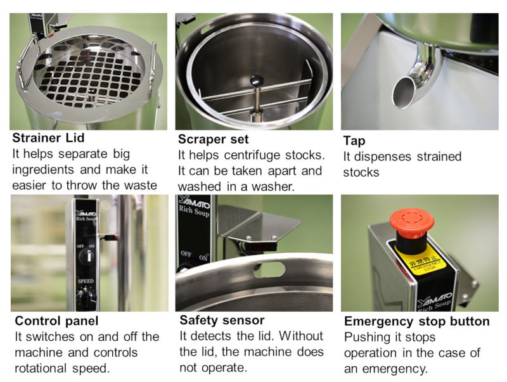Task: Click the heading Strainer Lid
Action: [48, 138]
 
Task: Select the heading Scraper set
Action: [213, 139]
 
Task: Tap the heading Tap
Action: [354, 141]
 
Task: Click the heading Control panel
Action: [56, 321]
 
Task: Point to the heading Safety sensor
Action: [222, 321]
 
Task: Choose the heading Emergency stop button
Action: [417, 321]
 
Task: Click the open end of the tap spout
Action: [403, 93]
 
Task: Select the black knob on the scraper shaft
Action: [257, 80]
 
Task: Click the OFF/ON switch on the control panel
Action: [86, 257]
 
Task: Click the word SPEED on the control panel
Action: [86, 281]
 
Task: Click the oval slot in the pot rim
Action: [269, 269]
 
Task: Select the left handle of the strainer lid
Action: [27, 62]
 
